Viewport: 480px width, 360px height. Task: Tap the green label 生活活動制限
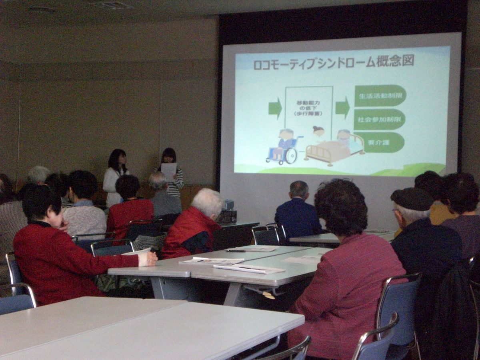click(x=381, y=96)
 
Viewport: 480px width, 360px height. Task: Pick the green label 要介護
click(x=379, y=142)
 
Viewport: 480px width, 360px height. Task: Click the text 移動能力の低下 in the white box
click(x=309, y=105)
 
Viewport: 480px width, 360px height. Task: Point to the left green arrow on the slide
click(x=275, y=108)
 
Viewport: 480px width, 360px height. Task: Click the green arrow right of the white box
click(x=343, y=108)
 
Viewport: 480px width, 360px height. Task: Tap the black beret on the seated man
click(x=412, y=198)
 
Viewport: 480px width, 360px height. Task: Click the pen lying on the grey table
click(x=236, y=251)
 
